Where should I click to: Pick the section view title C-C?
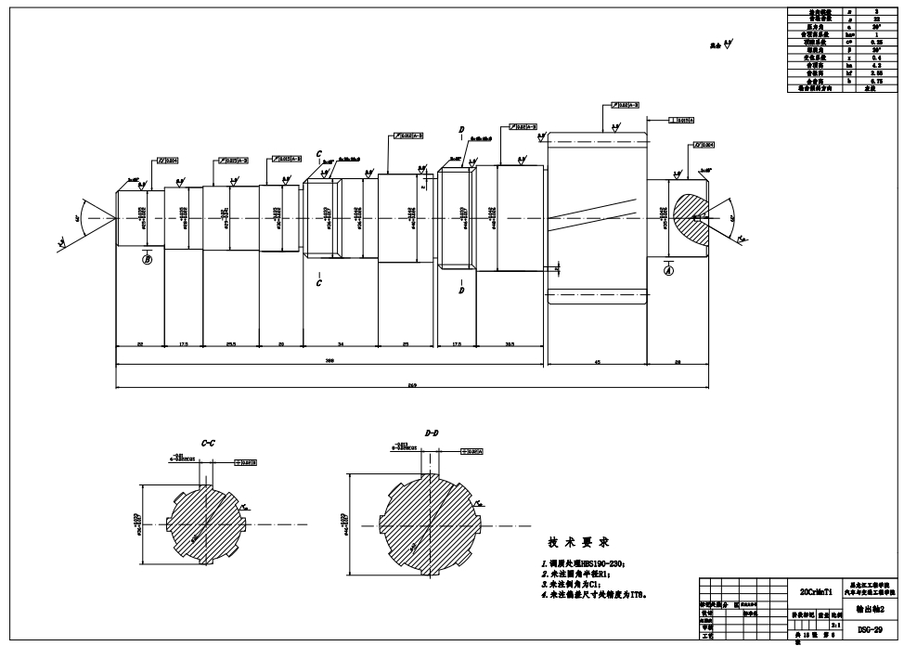[x=209, y=445]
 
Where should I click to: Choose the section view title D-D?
[x=433, y=433]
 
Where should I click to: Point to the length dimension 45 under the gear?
[x=597, y=362]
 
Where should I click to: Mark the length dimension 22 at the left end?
[x=139, y=344]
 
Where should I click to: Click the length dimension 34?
[x=341, y=344]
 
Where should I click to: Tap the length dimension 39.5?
[x=510, y=344]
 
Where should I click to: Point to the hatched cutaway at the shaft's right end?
[x=692, y=214]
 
